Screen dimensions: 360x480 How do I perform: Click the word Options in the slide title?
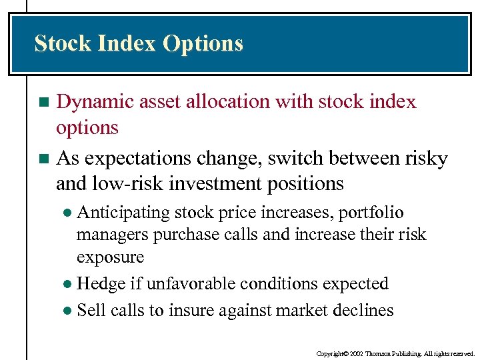tap(203, 44)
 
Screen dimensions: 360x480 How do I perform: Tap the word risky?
tap(426, 159)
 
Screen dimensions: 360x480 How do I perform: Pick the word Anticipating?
tap(123, 213)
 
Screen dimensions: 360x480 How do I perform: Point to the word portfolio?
tap(371, 213)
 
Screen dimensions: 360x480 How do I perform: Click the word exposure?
tap(110, 257)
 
